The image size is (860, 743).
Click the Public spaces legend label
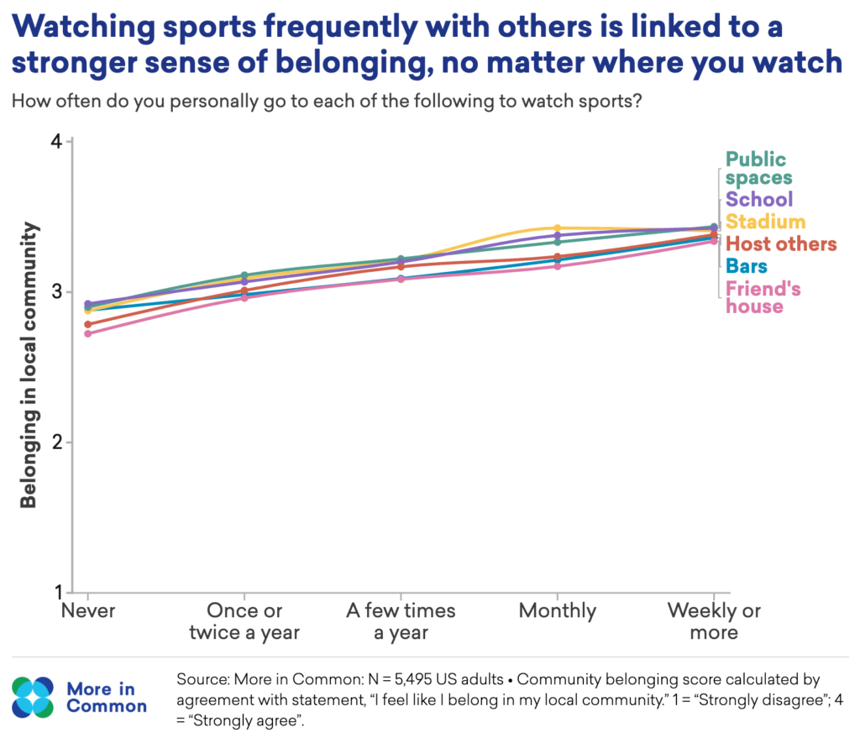[759, 169]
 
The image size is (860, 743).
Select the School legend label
[759, 199]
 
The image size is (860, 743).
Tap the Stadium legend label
[766, 222]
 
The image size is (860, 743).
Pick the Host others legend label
[781, 243]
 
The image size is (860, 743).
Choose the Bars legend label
[747, 266]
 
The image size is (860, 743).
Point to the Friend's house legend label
[763, 297]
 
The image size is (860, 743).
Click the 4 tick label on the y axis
[56, 142]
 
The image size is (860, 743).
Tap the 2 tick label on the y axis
[57, 442]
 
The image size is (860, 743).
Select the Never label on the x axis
[87, 610]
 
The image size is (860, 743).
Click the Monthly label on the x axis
[558, 611]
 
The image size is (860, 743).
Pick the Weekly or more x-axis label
[714, 621]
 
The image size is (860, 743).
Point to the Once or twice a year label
[244, 622]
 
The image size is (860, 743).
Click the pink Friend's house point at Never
[87, 333]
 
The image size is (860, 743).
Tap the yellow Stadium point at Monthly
[558, 228]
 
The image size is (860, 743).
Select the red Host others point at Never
[87, 325]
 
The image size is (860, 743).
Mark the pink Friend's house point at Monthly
[558, 266]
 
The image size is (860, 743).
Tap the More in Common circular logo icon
[33, 698]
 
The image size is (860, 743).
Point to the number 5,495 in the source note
[413, 679]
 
